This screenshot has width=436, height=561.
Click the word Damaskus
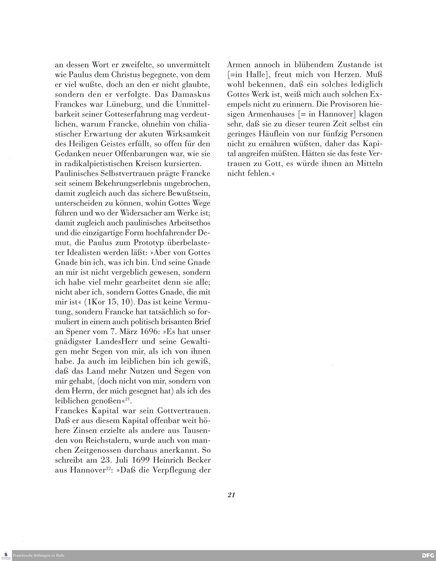191,94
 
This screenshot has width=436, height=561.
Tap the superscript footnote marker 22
108,468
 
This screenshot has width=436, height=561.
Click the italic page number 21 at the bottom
231,495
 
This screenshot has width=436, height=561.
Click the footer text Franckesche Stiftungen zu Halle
39,555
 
